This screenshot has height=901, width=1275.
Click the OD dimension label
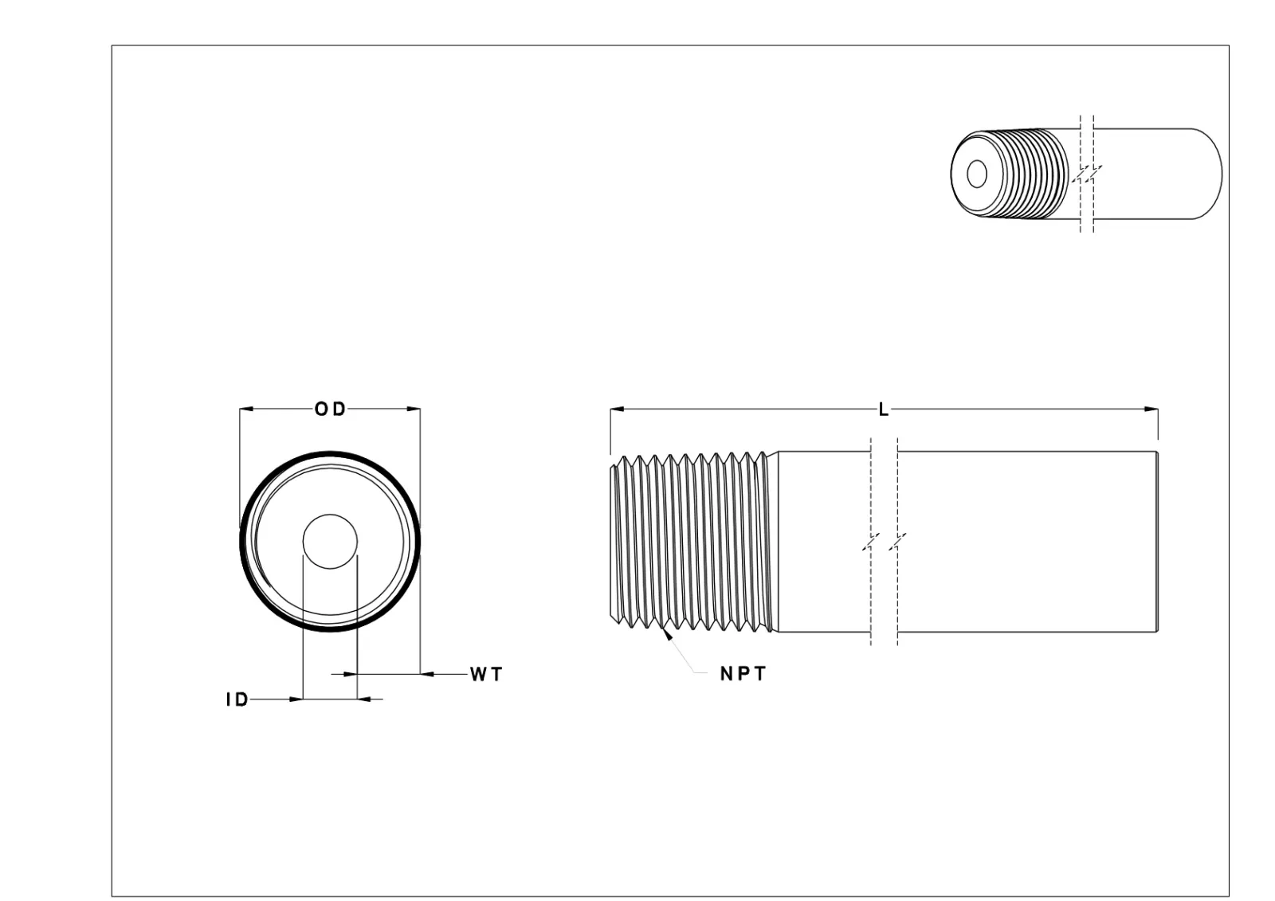tap(330, 409)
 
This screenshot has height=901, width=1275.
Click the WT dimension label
tap(486, 675)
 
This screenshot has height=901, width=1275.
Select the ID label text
tap(237, 700)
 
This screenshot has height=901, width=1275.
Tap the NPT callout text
tap(743, 674)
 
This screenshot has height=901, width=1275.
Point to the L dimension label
tap(883, 410)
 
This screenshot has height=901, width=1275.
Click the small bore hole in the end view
tap(330, 541)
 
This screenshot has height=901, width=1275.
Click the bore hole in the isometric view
tap(976, 174)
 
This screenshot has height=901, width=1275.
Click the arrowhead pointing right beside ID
tap(296, 699)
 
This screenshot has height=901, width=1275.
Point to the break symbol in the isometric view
tap(1087, 174)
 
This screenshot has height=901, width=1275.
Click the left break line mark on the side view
tap(871, 542)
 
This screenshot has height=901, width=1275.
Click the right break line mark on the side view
tap(898, 542)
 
